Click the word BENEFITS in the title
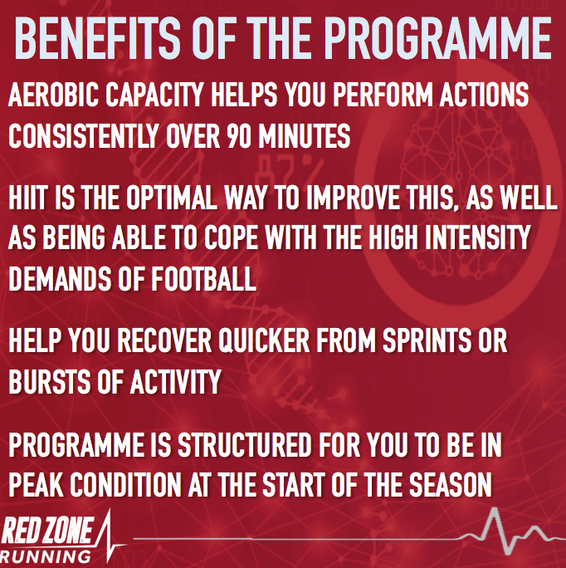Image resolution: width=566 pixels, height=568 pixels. click(x=97, y=38)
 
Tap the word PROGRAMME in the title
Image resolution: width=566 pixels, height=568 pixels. click(x=437, y=38)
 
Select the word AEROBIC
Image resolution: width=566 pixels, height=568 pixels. click(x=53, y=95)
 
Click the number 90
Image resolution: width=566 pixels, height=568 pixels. click(x=239, y=136)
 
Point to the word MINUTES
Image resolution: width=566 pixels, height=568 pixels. click(x=305, y=136)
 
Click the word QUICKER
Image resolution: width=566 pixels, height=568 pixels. click(x=264, y=340)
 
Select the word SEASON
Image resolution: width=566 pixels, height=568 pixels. click(x=451, y=484)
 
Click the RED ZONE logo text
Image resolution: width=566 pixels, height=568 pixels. click(x=47, y=531)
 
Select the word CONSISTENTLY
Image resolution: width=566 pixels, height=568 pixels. click(x=83, y=136)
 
